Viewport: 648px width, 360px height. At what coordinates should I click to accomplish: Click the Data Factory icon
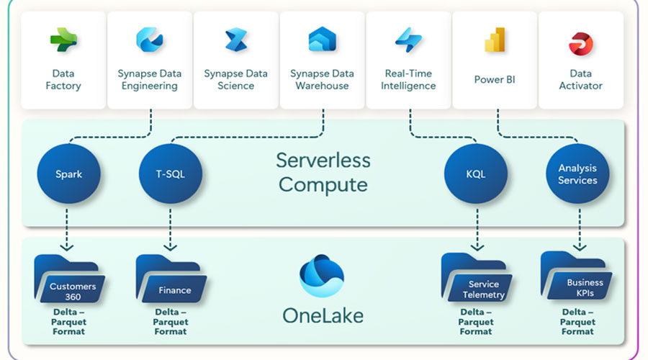63,40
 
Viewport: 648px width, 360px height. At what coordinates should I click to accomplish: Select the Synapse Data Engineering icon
150,40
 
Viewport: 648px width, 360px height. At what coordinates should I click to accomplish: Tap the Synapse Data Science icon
236,40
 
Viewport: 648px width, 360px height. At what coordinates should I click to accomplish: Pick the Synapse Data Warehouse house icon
323,40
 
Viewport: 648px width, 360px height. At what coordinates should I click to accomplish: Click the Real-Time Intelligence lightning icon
409,40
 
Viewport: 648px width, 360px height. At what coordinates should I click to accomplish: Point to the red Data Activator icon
580,43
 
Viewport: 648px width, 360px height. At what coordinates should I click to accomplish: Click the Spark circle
70,174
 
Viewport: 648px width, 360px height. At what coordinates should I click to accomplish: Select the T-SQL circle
171,174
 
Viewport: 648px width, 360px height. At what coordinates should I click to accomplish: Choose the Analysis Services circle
577,174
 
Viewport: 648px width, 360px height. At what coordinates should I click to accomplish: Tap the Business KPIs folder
577,278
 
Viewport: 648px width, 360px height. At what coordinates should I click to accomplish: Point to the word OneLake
322,315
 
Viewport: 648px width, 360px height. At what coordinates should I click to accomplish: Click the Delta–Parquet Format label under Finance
171,322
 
